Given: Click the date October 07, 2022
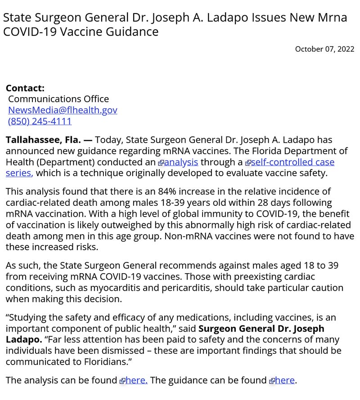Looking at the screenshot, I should click(324, 49).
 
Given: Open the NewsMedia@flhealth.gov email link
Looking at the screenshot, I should click(63, 110).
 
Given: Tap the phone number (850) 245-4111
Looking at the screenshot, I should click(40, 121).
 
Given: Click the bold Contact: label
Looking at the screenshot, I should click(25, 88).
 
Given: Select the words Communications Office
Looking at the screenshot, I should click(58, 99).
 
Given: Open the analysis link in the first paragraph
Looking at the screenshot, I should click(181, 162).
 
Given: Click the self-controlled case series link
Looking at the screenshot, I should click(292, 162).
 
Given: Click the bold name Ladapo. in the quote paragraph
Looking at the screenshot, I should click(24, 340).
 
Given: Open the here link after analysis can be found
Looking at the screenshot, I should click(136, 381).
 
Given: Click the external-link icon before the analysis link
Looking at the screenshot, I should click(161, 163).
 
